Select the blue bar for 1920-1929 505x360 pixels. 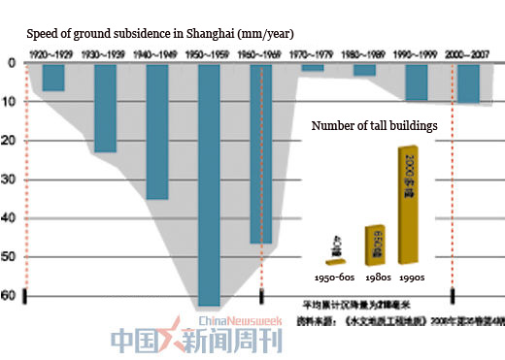point(52,77)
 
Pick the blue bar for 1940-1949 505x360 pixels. point(156,130)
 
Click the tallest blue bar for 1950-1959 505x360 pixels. point(208,184)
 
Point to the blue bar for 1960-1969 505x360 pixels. point(260,152)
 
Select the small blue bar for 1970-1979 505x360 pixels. point(312,67)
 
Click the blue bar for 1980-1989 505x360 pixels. point(364,69)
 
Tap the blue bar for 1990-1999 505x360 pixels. point(416,82)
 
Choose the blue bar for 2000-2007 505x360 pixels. point(468,83)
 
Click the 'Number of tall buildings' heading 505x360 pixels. point(373,125)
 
